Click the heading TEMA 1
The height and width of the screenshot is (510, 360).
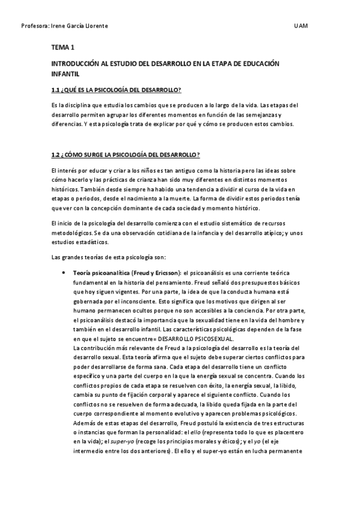tap(62, 46)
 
